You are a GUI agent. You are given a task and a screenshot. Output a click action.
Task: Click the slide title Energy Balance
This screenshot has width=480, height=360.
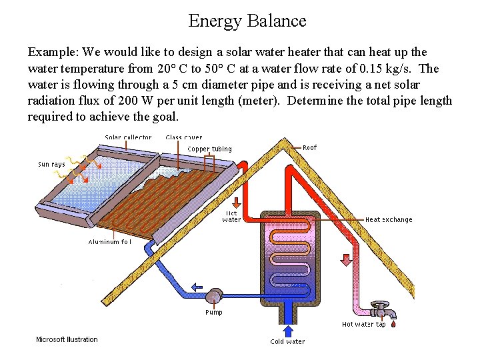tap(247, 21)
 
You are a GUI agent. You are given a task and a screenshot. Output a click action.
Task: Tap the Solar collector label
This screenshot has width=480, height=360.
tap(128, 137)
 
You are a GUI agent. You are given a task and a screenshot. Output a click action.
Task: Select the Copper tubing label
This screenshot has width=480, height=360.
tap(209, 149)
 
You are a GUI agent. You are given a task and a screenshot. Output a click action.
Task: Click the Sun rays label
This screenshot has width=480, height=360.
tap(51, 164)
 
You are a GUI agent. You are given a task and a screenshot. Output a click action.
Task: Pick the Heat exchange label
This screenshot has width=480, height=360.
tap(389, 219)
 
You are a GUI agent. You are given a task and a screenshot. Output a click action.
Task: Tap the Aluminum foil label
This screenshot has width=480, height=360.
tap(109, 242)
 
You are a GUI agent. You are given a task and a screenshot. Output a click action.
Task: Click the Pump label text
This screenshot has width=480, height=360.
tap(213, 312)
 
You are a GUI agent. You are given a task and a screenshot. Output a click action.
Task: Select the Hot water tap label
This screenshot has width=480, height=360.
tap(363, 325)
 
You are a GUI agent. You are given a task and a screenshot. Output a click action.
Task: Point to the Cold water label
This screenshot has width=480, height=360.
tap(287, 342)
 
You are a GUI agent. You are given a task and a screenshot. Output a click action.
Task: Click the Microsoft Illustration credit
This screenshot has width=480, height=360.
tap(67, 339)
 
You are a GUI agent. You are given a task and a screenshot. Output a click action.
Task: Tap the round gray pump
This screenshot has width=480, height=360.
tap(214, 296)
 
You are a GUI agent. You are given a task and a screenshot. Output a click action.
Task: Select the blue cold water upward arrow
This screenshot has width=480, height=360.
tap(288, 331)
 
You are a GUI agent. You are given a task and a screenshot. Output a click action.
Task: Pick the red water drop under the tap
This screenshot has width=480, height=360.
tap(393, 325)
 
